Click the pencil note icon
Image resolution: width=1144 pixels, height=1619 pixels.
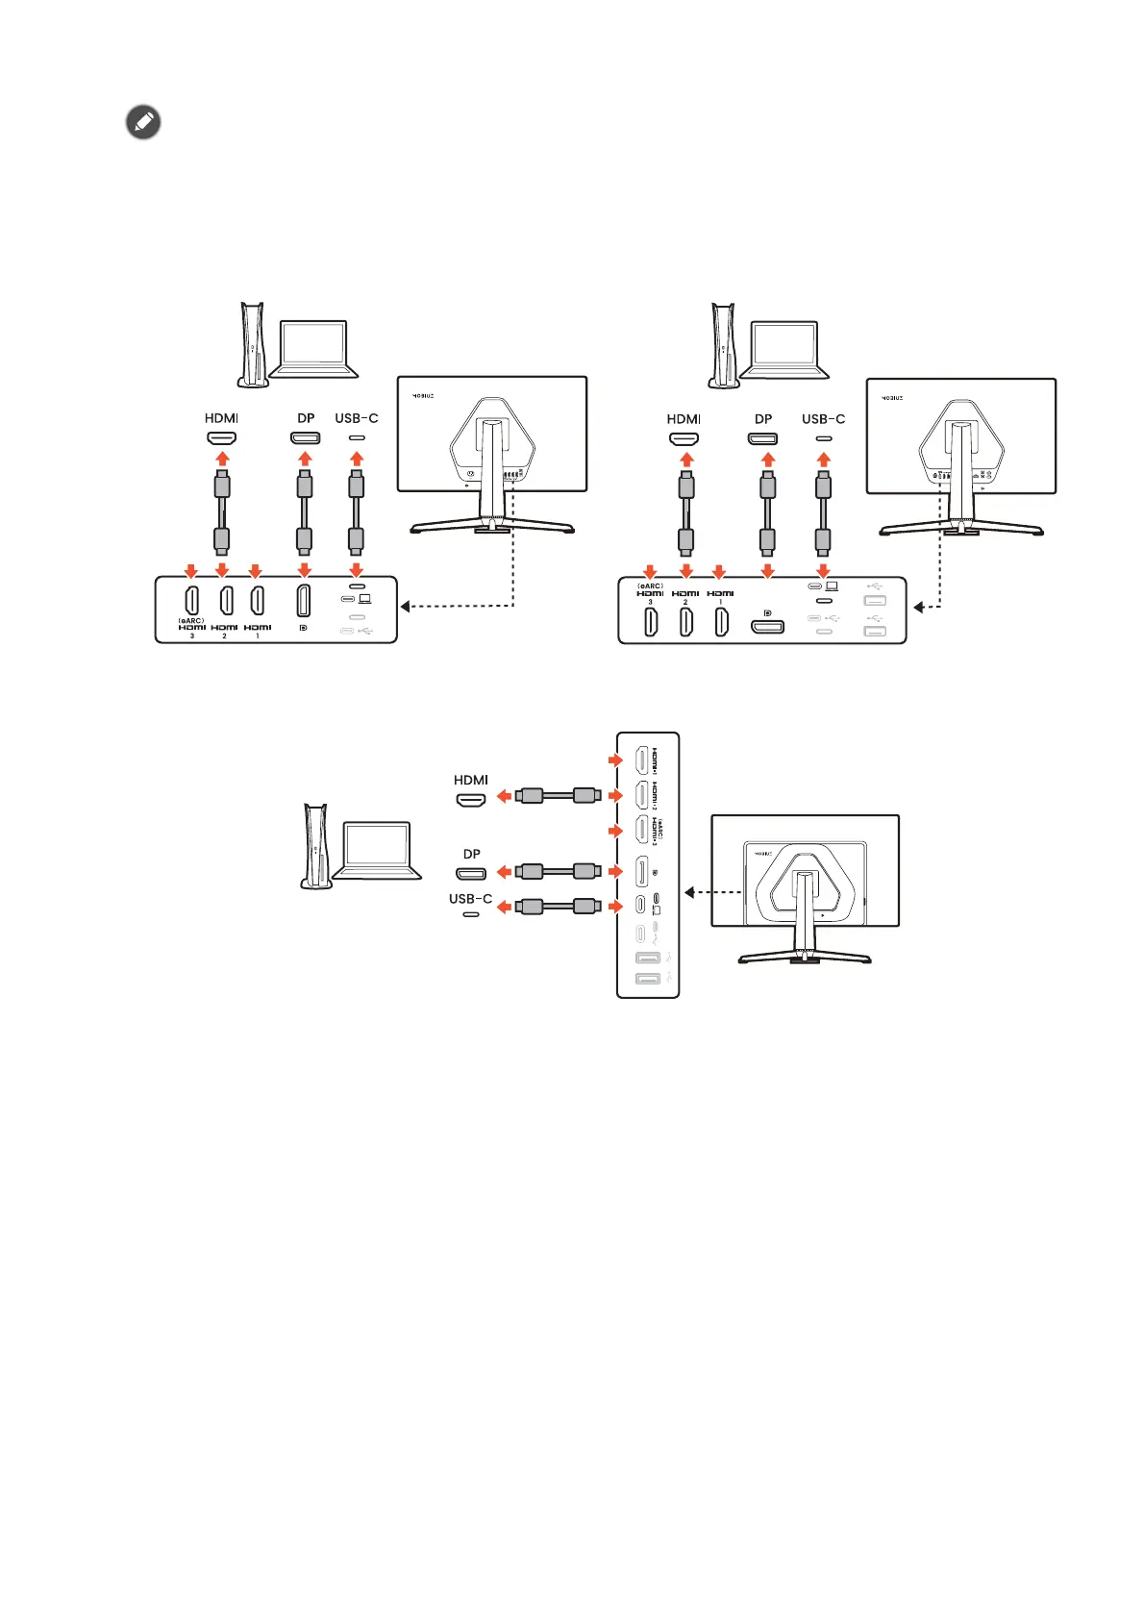tap(143, 123)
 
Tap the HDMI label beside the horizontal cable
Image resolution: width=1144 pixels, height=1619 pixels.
tap(471, 780)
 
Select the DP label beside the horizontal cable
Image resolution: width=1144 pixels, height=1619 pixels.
tap(471, 854)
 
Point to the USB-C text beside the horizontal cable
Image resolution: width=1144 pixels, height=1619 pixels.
tap(470, 899)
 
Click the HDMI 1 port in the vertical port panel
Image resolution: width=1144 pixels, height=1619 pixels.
tap(640, 760)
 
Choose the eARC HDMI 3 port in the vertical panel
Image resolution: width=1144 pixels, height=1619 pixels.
tap(640, 830)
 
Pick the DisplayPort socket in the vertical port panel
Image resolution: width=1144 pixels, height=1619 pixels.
tap(640, 872)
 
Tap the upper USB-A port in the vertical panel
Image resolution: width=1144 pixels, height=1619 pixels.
tap(647, 958)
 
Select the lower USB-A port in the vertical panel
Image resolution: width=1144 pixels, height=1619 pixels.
tap(647, 979)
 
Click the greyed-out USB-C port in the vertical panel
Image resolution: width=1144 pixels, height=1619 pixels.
tap(640, 934)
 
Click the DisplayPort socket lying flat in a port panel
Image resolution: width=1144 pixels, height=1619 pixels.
tap(767, 627)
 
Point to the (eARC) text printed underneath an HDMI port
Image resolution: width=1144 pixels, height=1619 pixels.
tap(190, 620)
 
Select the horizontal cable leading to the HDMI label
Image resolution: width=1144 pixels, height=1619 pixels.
tap(559, 796)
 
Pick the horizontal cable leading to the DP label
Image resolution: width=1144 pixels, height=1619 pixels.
tap(559, 872)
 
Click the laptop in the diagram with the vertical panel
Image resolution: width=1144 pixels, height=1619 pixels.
tap(379, 850)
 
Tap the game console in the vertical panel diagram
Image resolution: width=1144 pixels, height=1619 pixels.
tap(315, 846)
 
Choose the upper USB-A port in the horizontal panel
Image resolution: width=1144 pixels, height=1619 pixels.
tap(874, 601)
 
